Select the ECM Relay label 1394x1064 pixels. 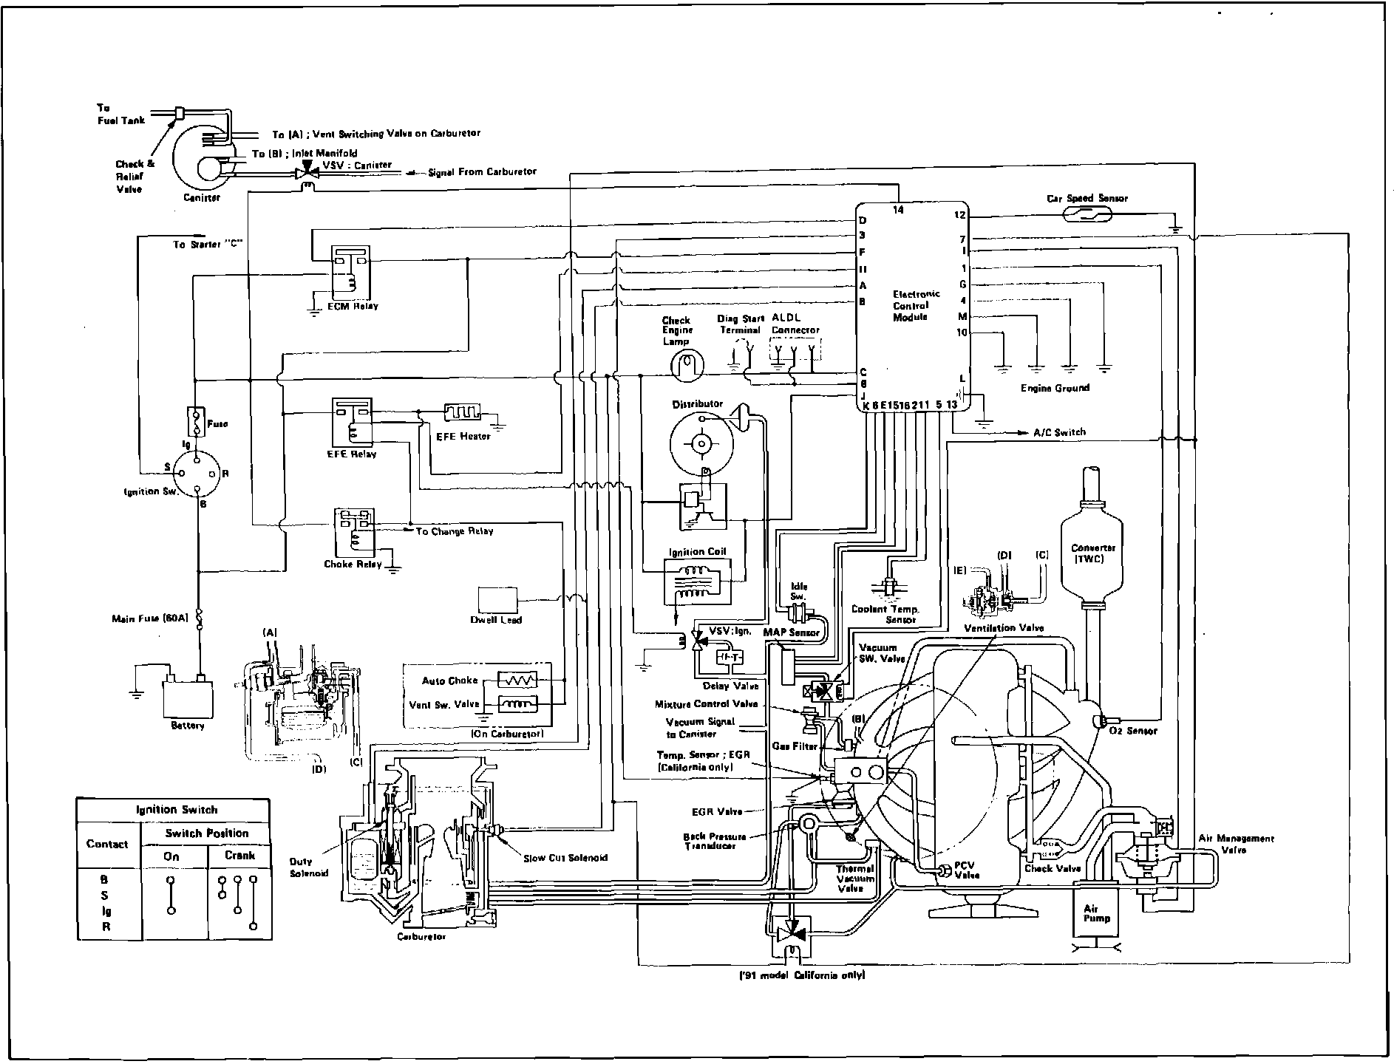coord(353,306)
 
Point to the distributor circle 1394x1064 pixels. coord(700,443)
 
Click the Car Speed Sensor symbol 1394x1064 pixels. coord(1088,215)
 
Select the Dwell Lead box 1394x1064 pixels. coord(498,599)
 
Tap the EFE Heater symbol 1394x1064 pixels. coord(463,412)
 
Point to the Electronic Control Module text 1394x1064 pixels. coord(916,305)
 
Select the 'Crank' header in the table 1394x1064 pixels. coord(239,856)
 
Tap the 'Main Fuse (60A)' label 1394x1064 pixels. coord(151,618)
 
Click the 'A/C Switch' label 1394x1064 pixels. coord(1059,432)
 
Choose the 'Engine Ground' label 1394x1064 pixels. coord(1055,388)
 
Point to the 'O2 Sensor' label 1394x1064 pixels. coord(1133,731)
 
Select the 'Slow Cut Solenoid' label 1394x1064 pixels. coord(565,858)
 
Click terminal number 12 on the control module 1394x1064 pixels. coord(959,215)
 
